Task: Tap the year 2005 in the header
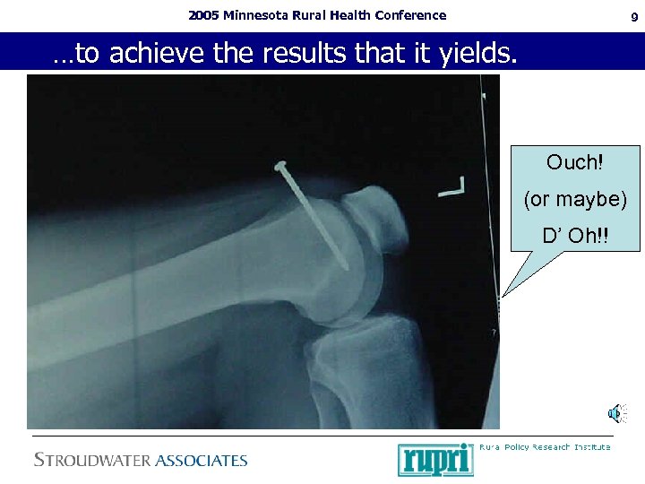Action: [x=203, y=15]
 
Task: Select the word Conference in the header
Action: [x=411, y=15]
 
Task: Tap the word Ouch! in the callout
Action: [x=574, y=163]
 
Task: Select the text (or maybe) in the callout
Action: [x=574, y=199]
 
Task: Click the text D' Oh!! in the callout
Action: [x=574, y=237]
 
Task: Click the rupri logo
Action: [x=435, y=459]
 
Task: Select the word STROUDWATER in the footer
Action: [x=92, y=461]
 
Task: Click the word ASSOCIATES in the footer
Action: [x=201, y=461]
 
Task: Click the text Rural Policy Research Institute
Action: [x=545, y=447]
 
